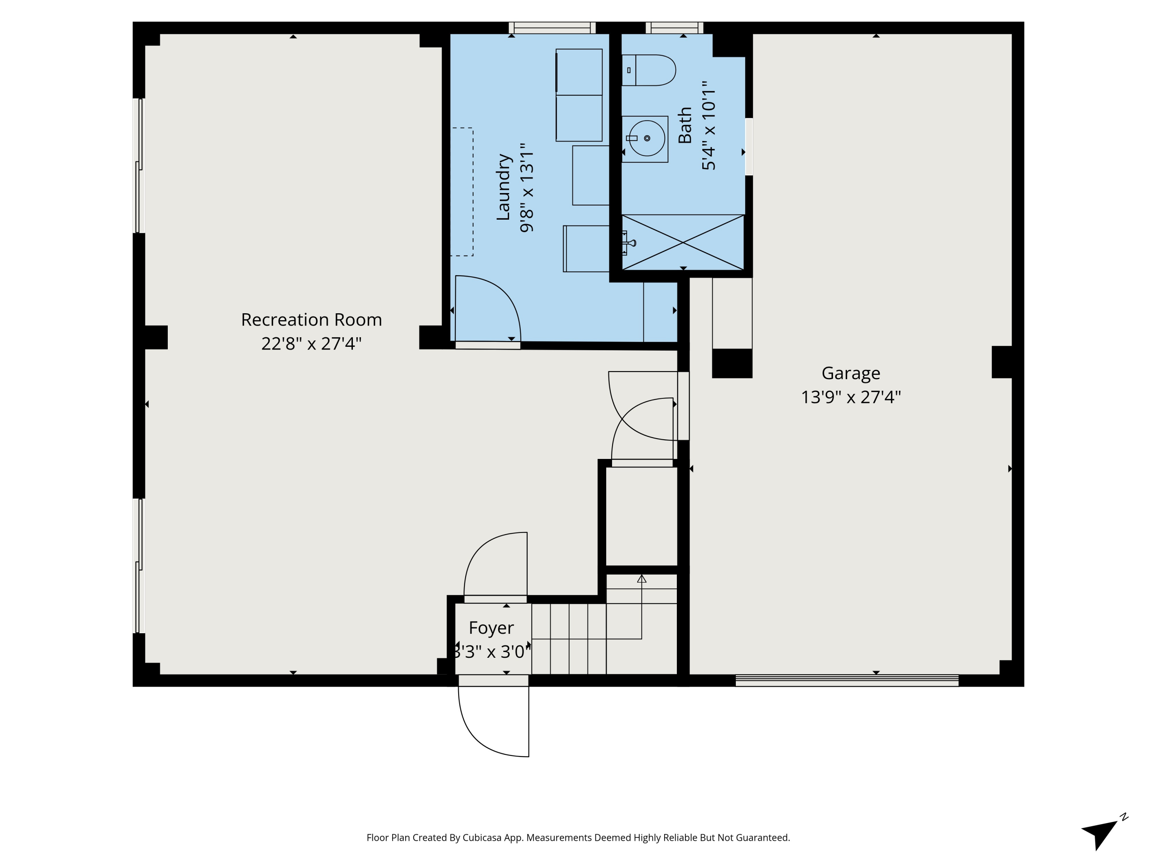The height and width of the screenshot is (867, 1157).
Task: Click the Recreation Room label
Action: coord(311,319)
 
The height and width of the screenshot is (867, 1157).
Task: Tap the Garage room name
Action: coord(851,373)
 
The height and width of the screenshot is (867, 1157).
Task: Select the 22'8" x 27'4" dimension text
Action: coord(311,344)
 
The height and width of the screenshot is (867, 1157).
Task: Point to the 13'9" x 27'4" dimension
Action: coord(851,397)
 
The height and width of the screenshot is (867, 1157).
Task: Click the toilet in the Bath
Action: coord(649,70)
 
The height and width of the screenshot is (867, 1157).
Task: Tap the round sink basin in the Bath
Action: coord(647,138)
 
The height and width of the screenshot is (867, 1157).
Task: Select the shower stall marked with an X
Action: coord(683,242)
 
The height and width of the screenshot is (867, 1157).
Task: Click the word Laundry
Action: coord(503,187)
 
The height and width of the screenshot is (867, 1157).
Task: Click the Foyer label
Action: coord(491,628)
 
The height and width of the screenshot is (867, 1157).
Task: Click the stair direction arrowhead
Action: coord(642,578)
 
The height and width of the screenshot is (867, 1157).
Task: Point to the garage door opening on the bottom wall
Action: coord(847,680)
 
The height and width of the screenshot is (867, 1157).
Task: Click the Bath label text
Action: coord(685,125)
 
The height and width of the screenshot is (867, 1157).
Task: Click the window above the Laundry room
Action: coord(552,28)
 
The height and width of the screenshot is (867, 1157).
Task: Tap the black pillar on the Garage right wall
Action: coord(1002,362)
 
